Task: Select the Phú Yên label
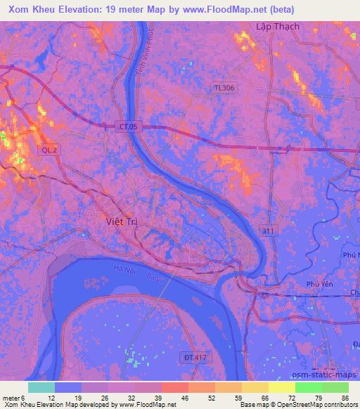pos(319,284)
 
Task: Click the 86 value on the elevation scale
pos(345,397)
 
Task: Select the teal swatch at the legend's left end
pos(41,387)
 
